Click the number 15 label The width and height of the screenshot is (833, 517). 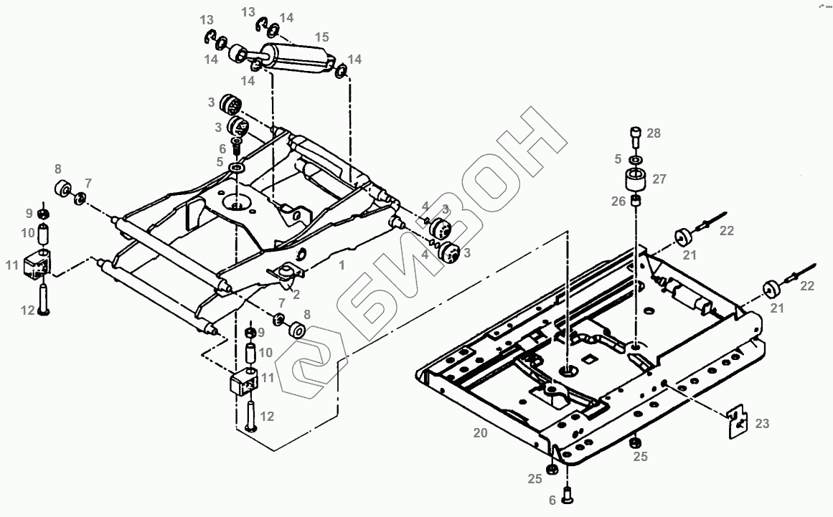(321, 36)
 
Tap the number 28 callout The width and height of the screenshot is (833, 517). (653, 133)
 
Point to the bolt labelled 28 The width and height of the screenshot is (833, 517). (636, 134)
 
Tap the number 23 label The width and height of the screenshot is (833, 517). (761, 424)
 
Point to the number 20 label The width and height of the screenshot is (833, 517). (480, 433)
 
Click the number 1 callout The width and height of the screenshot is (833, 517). (342, 265)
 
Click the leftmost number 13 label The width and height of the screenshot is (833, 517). (207, 19)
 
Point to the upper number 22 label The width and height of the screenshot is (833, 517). (728, 231)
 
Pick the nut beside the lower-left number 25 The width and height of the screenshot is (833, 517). (552, 470)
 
